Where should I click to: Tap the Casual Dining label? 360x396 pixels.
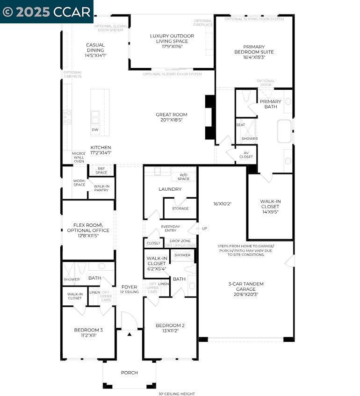pos(95,50)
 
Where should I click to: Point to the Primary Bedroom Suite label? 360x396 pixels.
pos(254,52)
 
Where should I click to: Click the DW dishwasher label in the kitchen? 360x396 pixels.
pos(95,130)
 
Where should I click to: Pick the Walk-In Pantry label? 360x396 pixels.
pos(101,188)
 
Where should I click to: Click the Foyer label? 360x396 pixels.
pos(129,289)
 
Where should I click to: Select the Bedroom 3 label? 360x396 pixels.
pos(88,332)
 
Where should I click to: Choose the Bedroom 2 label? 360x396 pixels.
pos(170,328)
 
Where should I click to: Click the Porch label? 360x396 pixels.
pos(130,373)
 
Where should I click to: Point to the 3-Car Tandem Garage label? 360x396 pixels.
pos(246,288)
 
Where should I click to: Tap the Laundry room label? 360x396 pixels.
pos(170,189)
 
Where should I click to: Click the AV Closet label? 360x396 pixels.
pos(246,154)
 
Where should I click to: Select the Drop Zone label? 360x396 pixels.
pos(180,241)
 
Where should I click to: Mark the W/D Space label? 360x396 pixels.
pos(183,177)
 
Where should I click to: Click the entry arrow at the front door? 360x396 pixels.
pos(130,334)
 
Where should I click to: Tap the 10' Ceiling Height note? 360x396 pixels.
pos(177,393)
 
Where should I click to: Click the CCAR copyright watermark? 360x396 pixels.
pos(46,11)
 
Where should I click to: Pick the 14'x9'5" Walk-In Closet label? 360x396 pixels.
pos(270,206)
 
